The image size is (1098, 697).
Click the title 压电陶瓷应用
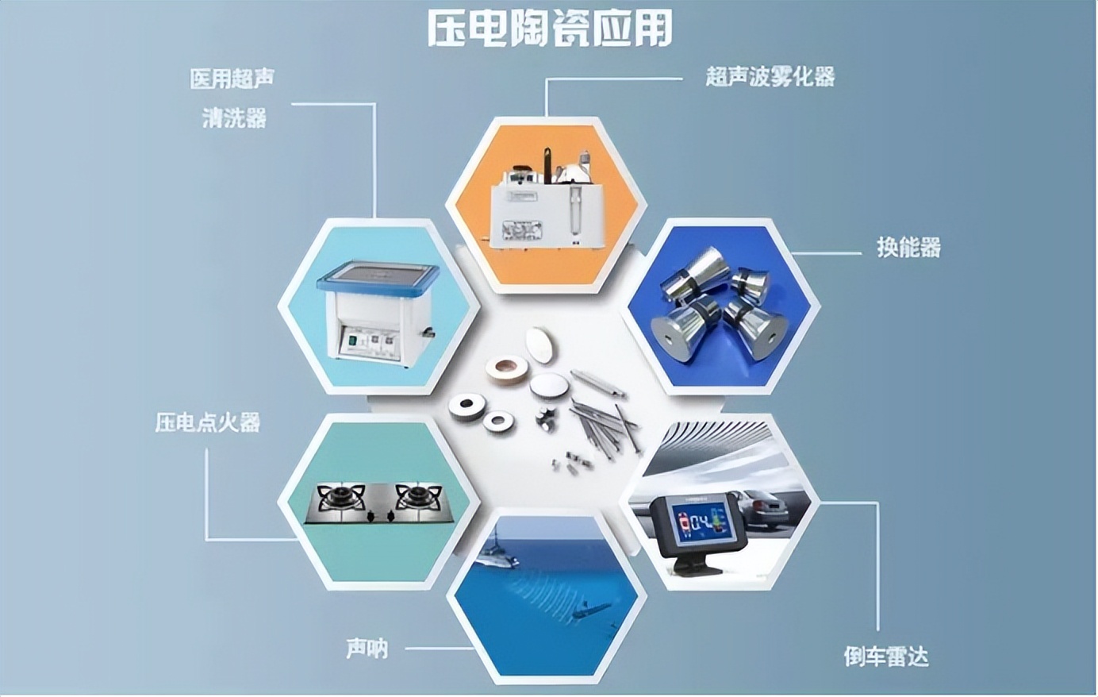tap(550, 28)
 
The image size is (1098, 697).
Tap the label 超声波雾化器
tap(770, 77)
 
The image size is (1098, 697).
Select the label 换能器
tap(909, 248)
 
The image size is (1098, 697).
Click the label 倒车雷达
tap(886, 656)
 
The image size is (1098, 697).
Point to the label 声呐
tap(367, 649)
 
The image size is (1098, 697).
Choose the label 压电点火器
tap(207, 422)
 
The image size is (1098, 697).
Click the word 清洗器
tap(234, 118)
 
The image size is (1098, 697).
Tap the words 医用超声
tap(232, 79)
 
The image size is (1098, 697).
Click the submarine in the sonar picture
tap(593, 610)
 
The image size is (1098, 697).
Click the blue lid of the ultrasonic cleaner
tap(378, 278)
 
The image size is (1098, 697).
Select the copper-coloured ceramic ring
tap(507, 369)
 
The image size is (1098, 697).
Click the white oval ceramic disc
tap(541, 345)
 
